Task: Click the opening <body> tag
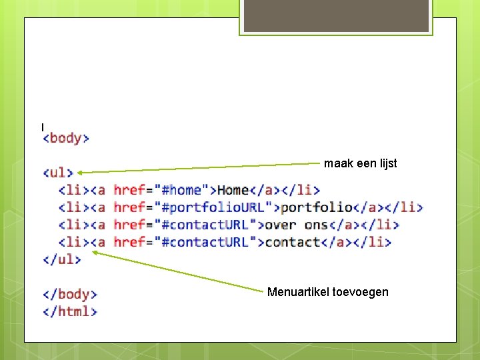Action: click(66, 139)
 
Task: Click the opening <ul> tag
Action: click(58, 173)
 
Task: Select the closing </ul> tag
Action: click(61, 259)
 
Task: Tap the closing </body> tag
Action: click(70, 294)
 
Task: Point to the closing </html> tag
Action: click(70, 311)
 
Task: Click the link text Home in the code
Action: click(233, 191)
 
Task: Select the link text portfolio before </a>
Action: click(316, 208)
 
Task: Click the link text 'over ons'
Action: click(297, 225)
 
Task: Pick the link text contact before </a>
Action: click(293, 242)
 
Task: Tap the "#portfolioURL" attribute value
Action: click(211, 208)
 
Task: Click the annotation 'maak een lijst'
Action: click(360, 163)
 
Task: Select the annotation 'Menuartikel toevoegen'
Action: click(327, 292)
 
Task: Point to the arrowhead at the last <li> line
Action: click(95, 252)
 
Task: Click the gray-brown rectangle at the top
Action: click(336, 16)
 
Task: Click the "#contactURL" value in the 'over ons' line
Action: click(203, 225)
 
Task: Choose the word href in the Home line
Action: click(129, 191)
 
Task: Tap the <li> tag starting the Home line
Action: click(73, 191)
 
